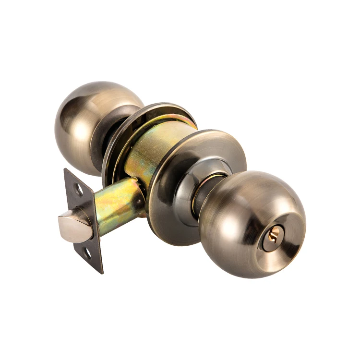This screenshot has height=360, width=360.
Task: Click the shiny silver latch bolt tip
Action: coord(72,226)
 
